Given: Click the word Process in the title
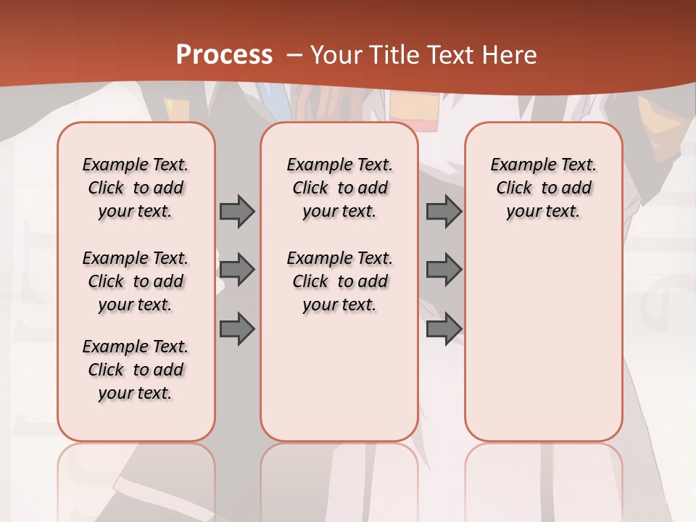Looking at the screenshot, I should pyautogui.click(x=224, y=55).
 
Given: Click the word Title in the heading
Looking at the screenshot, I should pyautogui.click(x=391, y=55).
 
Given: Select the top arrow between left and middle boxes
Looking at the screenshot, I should pyautogui.click(x=237, y=212).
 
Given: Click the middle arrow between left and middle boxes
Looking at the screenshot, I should pyautogui.click(x=237, y=270).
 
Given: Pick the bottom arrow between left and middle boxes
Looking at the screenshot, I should pyautogui.click(x=237, y=329).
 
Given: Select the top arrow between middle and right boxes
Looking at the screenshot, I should pyautogui.click(x=444, y=212).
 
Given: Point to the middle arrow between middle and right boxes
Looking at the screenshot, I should pyautogui.click(x=444, y=270).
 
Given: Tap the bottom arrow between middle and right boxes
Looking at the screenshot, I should pyautogui.click(x=444, y=329).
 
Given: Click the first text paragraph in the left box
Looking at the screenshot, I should pyautogui.click(x=136, y=188).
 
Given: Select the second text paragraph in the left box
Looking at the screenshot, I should pyautogui.click(x=136, y=281).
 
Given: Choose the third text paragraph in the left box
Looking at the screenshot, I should pyautogui.click(x=136, y=370).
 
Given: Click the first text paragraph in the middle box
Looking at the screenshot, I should pyautogui.click(x=339, y=188).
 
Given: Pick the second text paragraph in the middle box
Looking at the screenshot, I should pyautogui.click(x=339, y=281).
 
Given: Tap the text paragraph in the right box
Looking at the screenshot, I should pyautogui.click(x=543, y=188).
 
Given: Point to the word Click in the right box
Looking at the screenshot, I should pyautogui.click(x=514, y=188).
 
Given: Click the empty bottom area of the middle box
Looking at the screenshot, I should pyautogui.click(x=339, y=384).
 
